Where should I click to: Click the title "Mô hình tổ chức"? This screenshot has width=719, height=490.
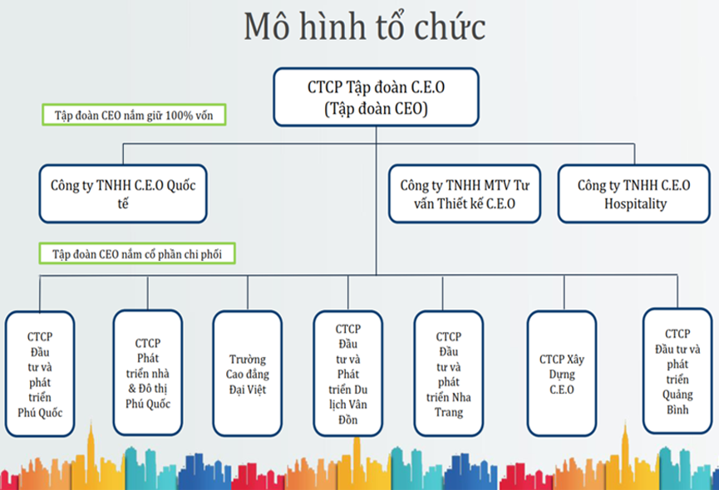(x=365, y=27)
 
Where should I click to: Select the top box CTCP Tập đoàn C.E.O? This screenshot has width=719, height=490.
(x=376, y=97)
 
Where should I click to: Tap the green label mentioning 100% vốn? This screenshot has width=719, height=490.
(x=134, y=115)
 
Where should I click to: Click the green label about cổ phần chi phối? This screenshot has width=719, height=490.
(x=137, y=253)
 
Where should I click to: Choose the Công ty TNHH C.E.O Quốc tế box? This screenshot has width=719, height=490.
(x=123, y=194)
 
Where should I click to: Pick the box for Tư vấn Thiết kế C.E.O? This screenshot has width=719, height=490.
(x=465, y=194)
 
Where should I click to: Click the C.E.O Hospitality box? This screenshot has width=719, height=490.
(x=634, y=194)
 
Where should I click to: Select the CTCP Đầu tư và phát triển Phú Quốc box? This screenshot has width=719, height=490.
(x=40, y=374)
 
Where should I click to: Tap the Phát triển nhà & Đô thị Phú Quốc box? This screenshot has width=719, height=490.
(x=148, y=372)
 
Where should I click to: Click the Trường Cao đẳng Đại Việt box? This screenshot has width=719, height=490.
(x=248, y=374)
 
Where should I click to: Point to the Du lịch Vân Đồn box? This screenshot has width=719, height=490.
(x=348, y=374)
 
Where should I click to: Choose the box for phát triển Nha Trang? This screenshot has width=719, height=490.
(x=449, y=374)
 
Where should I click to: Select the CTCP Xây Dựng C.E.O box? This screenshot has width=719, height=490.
(x=562, y=374)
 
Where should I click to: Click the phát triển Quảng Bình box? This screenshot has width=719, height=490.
(x=677, y=371)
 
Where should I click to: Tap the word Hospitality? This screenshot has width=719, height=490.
(x=635, y=203)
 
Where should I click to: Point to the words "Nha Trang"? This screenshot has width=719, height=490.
(x=449, y=404)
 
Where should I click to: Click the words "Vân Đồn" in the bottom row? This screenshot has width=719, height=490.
(x=348, y=412)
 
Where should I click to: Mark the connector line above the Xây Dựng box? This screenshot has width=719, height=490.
(x=564, y=293)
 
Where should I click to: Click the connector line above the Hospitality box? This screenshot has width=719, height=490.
(x=634, y=154)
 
